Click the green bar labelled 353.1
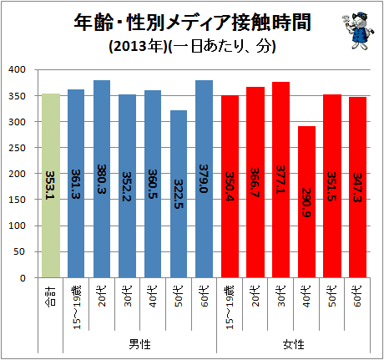51,185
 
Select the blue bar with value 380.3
102,179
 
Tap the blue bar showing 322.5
179,194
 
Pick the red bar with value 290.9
306,202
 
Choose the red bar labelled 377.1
280,180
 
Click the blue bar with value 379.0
204,179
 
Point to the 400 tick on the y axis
17,69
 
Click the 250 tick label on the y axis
17,148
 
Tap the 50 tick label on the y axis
19,251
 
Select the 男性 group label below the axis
139,344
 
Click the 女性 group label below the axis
294,344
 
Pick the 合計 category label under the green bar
50,297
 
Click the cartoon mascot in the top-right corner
358,31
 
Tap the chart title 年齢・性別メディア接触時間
192,23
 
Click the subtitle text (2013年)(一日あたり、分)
192,46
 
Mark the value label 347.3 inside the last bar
357,187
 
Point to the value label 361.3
76,184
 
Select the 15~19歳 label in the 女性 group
230,307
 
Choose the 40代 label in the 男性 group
153,297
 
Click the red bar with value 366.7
255,182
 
